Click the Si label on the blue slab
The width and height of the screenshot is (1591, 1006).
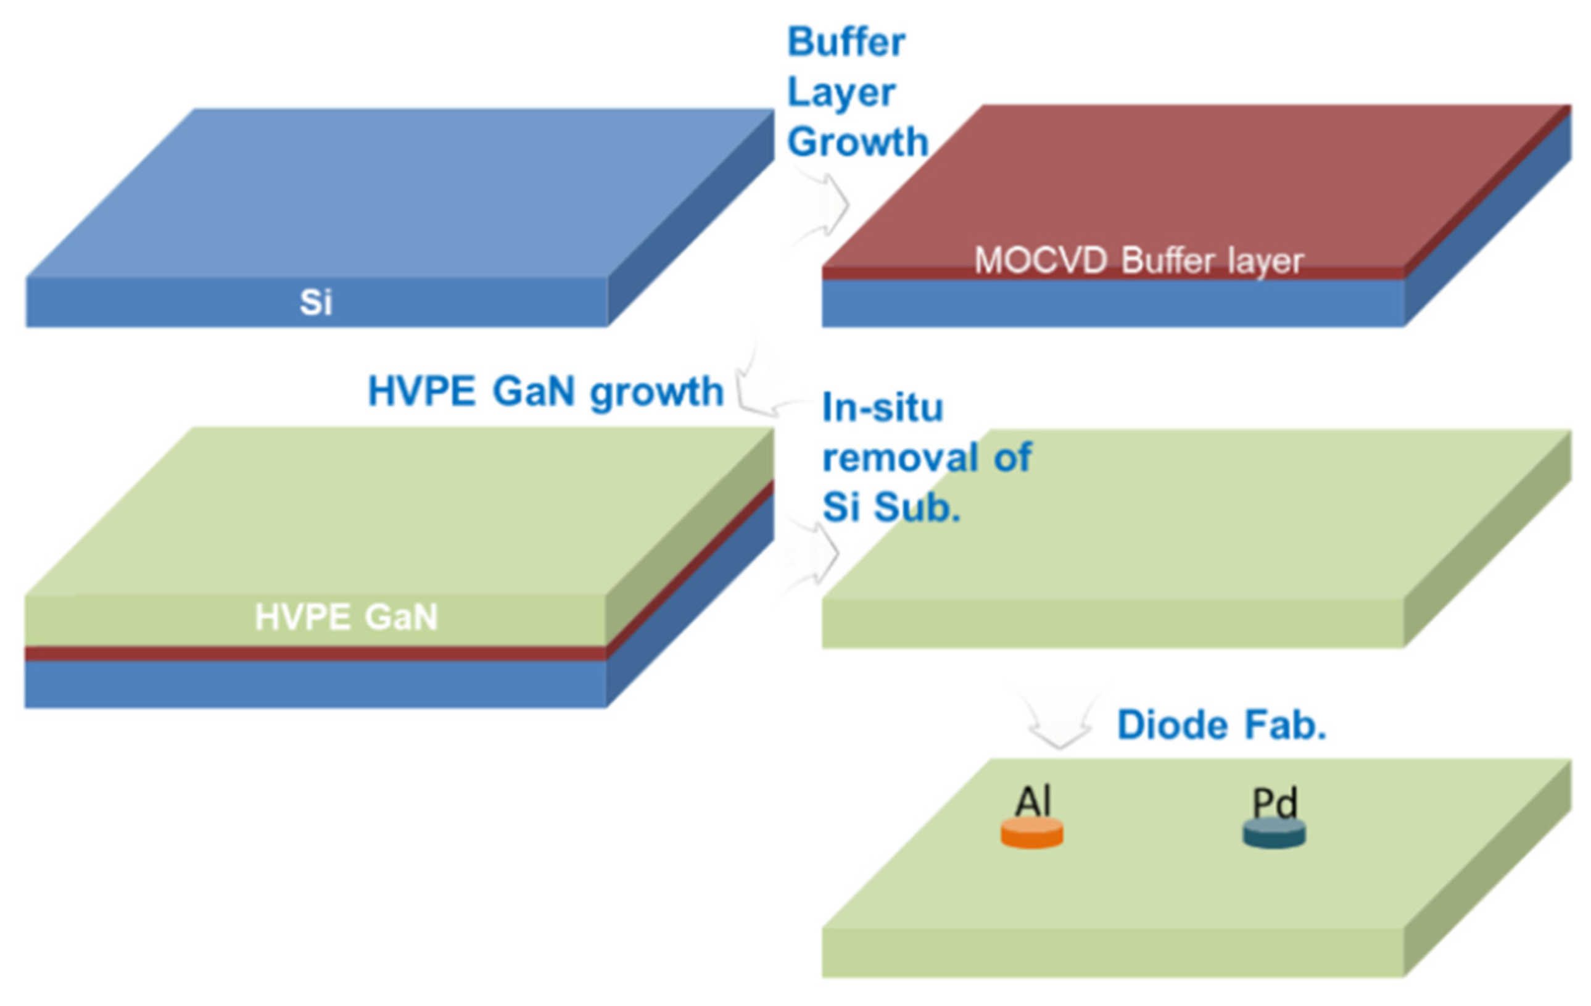[315, 302]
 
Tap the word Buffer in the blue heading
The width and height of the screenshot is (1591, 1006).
[846, 43]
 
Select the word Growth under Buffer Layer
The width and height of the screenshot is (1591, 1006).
[857, 141]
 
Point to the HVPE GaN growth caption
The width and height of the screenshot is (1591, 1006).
[545, 391]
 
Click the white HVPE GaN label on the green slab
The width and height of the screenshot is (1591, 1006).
[346, 617]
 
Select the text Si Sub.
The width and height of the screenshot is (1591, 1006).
[891, 507]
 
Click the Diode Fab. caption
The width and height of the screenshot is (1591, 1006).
[1221, 725]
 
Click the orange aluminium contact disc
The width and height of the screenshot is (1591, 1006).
[1032, 833]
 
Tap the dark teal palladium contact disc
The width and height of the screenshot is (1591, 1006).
[1274, 833]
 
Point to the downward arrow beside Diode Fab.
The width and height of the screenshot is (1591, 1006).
[1059, 720]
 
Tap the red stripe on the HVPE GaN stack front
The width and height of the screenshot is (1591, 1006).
[315, 654]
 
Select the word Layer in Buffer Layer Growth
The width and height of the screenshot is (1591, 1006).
[841, 92]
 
